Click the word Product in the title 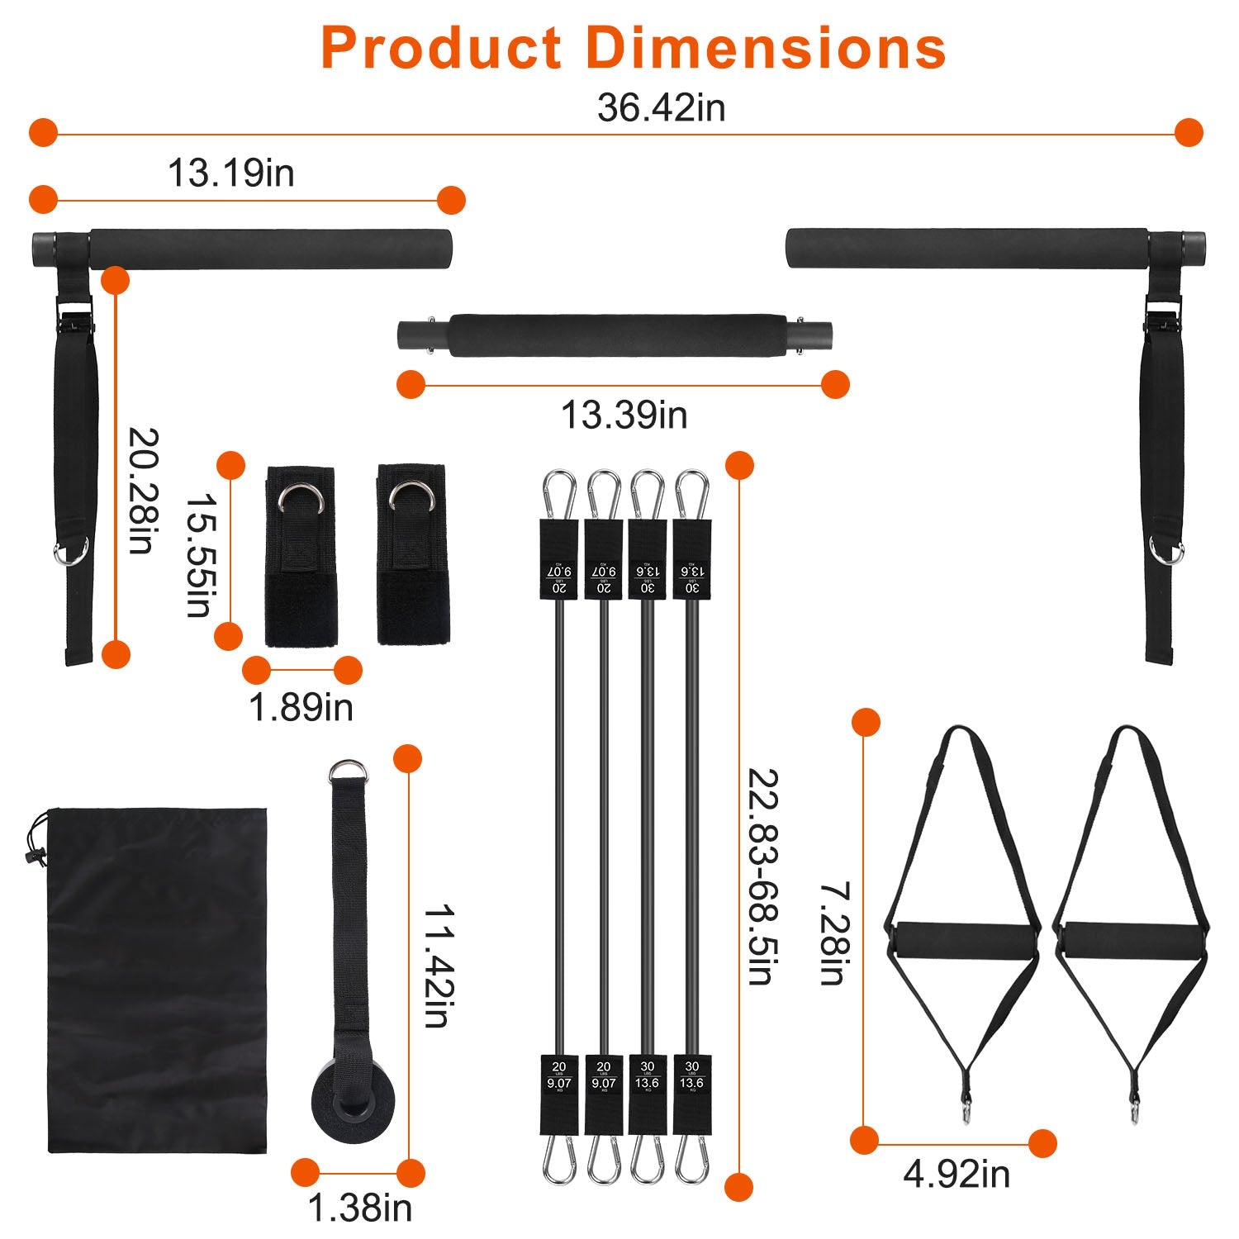pyautogui.click(x=442, y=48)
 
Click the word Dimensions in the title pyautogui.click(x=766, y=48)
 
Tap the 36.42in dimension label pyautogui.click(x=661, y=108)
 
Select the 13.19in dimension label pyautogui.click(x=230, y=173)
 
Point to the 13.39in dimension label pyautogui.click(x=624, y=415)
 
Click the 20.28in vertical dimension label pyautogui.click(x=142, y=491)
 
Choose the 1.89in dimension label pyautogui.click(x=301, y=708)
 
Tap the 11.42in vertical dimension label pyautogui.click(x=437, y=966)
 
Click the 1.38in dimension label pyautogui.click(x=359, y=1208)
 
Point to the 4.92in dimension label pyautogui.click(x=956, y=1174)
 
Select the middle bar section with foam pyautogui.click(x=615, y=335)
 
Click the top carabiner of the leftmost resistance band pyautogui.click(x=558, y=493)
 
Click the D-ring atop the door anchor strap pyautogui.click(x=348, y=771)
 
